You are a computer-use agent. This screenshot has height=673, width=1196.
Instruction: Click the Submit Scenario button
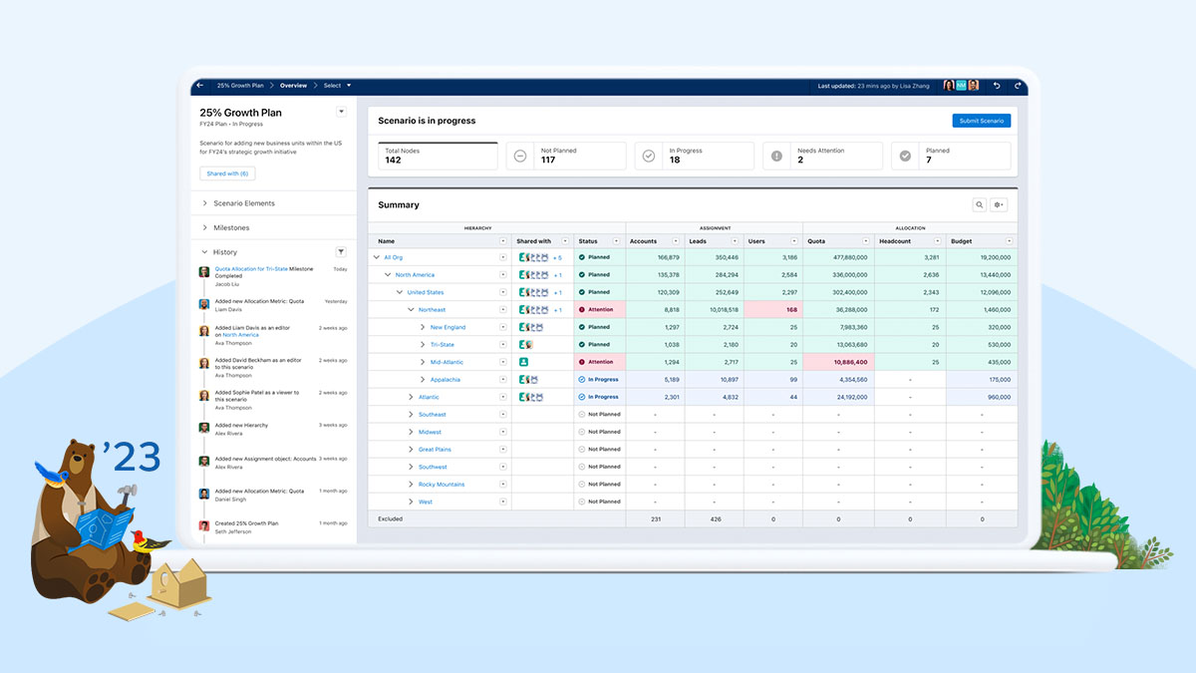pyautogui.click(x=981, y=121)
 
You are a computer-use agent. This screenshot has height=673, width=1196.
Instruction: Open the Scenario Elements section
pyautogui.click(x=243, y=203)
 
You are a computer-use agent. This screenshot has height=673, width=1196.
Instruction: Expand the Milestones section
pyautogui.click(x=230, y=227)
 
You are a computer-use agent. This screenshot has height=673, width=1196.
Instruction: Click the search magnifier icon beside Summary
pyautogui.click(x=980, y=204)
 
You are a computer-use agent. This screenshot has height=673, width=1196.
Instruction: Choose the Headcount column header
pyautogui.click(x=895, y=241)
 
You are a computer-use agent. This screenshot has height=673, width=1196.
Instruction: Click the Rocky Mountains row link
pyautogui.click(x=441, y=485)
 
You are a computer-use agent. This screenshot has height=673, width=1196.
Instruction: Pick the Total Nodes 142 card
pyautogui.click(x=438, y=156)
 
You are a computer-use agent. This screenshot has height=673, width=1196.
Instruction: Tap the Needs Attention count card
pyautogui.click(x=822, y=156)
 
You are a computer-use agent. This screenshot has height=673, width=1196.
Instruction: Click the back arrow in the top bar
pyautogui.click(x=199, y=86)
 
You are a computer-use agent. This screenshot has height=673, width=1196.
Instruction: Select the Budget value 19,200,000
pyautogui.click(x=981, y=257)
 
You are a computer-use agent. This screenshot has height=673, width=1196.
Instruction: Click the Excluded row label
pyautogui.click(x=391, y=518)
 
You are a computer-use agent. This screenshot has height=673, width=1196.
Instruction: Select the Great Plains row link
pyautogui.click(x=435, y=450)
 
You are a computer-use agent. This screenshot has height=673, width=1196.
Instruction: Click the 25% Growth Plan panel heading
pyautogui.click(x=240, y=113)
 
